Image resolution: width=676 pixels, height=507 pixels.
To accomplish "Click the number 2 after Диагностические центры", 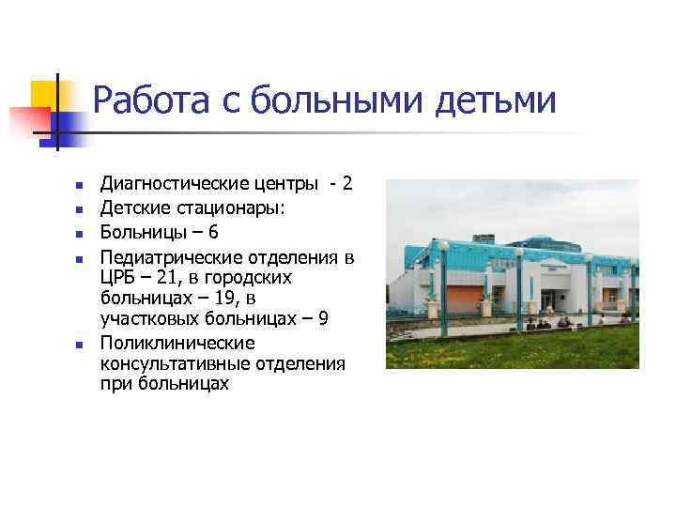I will (x=347, y=183).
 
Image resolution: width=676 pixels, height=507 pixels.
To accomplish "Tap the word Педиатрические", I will (x=167, y=255).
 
